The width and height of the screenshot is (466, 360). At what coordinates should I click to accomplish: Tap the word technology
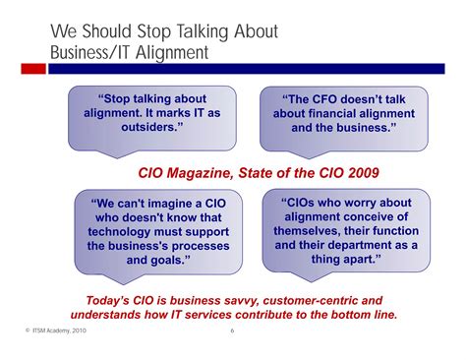coord(121,232)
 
